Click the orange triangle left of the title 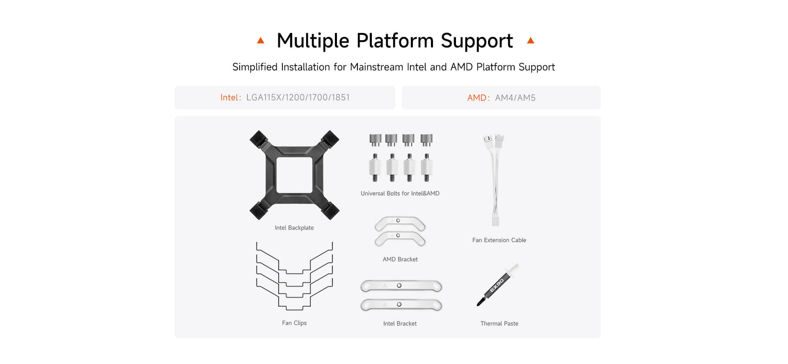pos(261,40)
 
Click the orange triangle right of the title pos(531,40)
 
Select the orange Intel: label pos(231,98)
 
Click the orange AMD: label pos(479,98)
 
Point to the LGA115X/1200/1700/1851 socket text pos(298,98)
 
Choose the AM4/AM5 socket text pos(515,98)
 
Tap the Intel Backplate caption pos(294,228)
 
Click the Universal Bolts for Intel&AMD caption pos(400,193)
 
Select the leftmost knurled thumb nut pos(375,140)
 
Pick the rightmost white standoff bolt pos(427,168)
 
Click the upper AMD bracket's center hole pos(398,221)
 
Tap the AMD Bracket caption pos(400,259)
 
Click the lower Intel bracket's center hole pos(399,305)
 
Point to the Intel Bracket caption pos(400,324)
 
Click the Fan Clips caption pos(294,323)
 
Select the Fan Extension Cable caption pos(499,240)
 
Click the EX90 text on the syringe pos(497,285)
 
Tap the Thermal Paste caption pos(499,324)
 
